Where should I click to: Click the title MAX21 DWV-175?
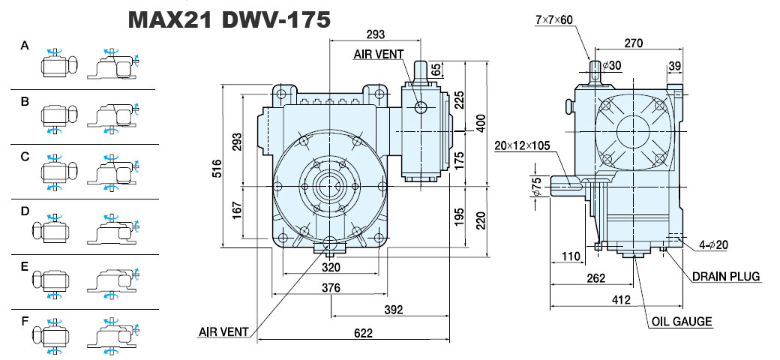(229, 19)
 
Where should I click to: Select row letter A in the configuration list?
(25, 46)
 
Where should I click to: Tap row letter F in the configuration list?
(25, 321)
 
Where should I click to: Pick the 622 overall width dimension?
(364, 333)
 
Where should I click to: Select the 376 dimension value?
(331, 287)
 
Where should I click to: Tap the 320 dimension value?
(331, 268)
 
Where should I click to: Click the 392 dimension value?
(394, 310)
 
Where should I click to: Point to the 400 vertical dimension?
(481, 123)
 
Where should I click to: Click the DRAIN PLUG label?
(726, 277)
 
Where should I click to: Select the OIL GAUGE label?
(682, 321)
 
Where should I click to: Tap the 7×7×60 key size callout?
(554, 19)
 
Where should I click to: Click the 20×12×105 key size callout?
(522, 145)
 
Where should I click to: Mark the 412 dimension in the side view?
(621, 300)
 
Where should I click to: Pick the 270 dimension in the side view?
(633, 43)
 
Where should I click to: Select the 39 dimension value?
(674, 66)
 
